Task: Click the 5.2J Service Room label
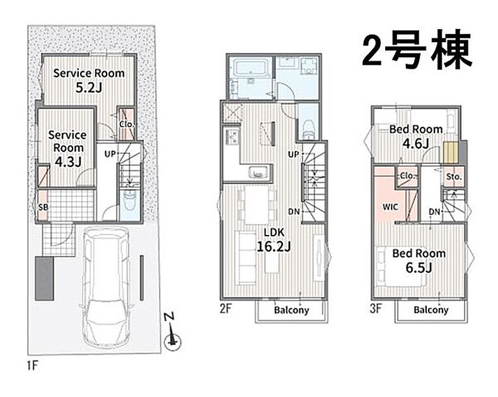tap(89, 80)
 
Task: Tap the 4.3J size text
tap(68, 161)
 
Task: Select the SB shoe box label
tap(43, 207)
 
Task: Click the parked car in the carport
tap(107, 286)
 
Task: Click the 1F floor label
tap(32, 366)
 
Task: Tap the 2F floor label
tap(226, 308)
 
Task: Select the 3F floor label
tap(376, 308)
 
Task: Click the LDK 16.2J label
tap(274, 239)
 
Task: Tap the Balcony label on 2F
tap(291, 309)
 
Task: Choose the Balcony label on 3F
tap(431, 309)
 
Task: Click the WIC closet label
tap(390, 207)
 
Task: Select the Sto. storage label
tap(453, 176)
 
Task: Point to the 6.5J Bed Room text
tap(419, 260)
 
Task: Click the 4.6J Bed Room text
tap(416, 137)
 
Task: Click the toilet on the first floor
tap(129, 200)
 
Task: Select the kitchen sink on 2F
tap(260, 172)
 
